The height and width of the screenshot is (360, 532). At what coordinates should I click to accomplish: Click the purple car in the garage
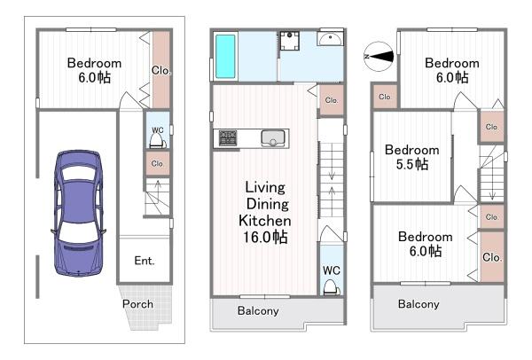[78, 213]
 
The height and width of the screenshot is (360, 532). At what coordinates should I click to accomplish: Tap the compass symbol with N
[379, 57]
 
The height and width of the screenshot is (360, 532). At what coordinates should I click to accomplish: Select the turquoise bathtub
[225, 57]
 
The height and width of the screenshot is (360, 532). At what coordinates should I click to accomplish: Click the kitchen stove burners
[228, 138]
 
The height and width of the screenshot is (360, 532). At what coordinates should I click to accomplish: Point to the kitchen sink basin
[273, 138]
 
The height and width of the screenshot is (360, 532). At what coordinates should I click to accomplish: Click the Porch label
[137, 304]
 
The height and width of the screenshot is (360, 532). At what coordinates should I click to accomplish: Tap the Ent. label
[145, 261]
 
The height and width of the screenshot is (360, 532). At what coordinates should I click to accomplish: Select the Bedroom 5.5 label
[412, 157]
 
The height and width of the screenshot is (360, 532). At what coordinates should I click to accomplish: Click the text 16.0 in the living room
[257, 237]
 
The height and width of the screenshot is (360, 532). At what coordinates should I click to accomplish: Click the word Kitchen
[264, 221]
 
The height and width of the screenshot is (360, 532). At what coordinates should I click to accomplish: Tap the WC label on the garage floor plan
[158, 130]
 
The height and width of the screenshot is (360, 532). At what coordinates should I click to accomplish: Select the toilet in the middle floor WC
[331, 287]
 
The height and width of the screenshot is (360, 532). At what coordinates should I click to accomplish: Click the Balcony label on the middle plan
[258, 311]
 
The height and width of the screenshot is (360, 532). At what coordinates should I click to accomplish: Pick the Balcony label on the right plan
[419, 304]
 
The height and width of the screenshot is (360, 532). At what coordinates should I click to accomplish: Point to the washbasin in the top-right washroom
[331, 38]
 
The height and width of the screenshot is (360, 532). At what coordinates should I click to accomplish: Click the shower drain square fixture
[289, 41]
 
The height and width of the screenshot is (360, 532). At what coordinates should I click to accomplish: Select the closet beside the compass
[385, 97]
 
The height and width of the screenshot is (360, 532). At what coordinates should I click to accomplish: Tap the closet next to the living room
[332, 100]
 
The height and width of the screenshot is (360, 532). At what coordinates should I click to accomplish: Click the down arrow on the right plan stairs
[492, 188]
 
